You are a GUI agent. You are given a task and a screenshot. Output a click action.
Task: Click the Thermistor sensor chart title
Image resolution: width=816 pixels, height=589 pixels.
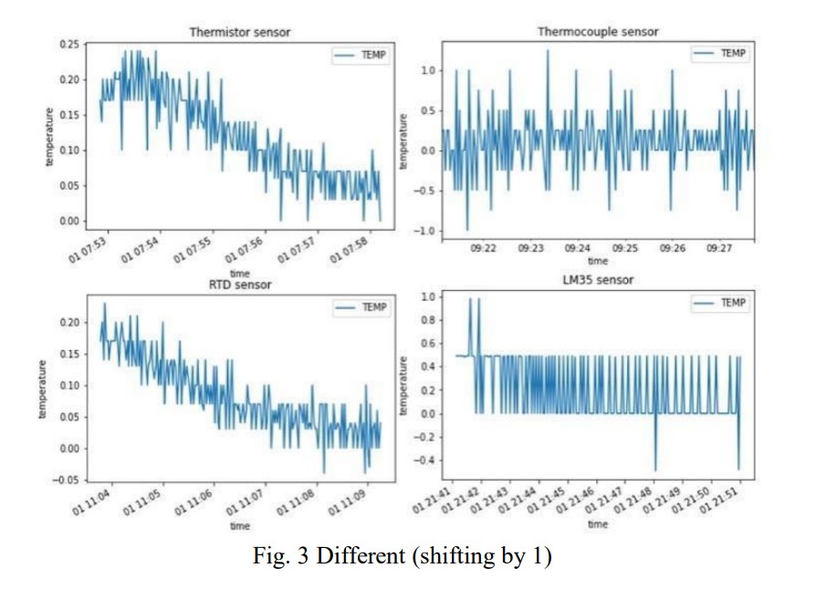tap(239, 33)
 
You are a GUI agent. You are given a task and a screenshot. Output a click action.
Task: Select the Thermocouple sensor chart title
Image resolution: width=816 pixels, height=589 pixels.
tap(598, 32)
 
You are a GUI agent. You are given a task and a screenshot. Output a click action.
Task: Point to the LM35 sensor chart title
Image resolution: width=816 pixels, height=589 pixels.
tap(598, 280)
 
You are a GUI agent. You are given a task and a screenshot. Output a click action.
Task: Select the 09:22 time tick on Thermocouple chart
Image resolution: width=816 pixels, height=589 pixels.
tap(484, 247)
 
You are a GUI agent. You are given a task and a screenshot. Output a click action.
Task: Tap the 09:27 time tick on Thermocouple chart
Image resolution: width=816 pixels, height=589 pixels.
tap(720, 247)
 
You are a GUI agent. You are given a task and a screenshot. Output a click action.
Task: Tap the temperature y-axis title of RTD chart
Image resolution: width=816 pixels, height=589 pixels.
tap(42, 388)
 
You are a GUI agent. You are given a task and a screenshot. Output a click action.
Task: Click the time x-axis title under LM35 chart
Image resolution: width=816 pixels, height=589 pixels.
tap(598, 524)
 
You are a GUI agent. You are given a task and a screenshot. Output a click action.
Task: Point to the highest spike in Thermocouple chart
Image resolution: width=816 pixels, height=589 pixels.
tap(548, 51)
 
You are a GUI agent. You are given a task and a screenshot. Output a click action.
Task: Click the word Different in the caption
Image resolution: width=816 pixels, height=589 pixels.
tap(356, 556)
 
